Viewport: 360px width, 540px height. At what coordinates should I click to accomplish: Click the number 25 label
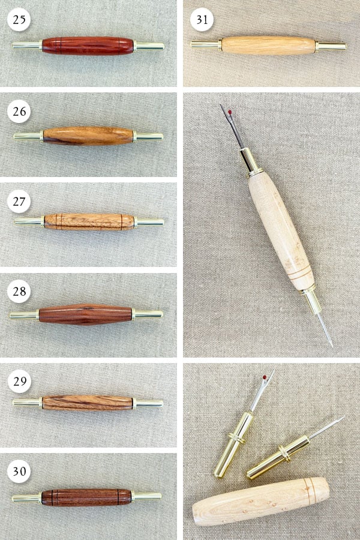point(19,19)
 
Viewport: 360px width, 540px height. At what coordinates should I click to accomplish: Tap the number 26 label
point(19,111)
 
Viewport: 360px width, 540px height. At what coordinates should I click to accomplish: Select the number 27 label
point(19,201)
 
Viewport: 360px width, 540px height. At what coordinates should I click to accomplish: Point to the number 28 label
point(19,292)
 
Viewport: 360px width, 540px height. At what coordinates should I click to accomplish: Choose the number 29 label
point(20,381)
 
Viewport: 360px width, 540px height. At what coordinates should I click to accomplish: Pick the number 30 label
point(19,471)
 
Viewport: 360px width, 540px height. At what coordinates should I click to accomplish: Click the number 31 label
point(202,20)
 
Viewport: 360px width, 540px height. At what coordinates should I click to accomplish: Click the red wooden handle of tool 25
point(88,46)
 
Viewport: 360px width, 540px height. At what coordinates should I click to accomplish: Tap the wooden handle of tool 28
point(85,314)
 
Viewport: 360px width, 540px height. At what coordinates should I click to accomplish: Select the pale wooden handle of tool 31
point(268,46)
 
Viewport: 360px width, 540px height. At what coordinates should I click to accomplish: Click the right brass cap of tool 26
point(148,136)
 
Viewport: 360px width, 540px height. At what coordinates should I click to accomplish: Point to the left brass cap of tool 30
point(27,498)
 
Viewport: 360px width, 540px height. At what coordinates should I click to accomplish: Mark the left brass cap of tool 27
point(29,221)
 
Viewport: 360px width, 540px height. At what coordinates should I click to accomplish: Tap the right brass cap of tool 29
point(148,403)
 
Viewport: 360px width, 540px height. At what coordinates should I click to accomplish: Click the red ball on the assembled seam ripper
point(230,112)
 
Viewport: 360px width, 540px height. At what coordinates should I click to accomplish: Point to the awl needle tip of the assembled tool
point(332,346)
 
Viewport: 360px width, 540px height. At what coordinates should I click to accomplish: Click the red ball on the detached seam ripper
point(265,377)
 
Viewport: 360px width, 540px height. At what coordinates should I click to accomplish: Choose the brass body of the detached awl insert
point(278,458)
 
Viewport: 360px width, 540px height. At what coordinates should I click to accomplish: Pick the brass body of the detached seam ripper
point(234,444)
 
